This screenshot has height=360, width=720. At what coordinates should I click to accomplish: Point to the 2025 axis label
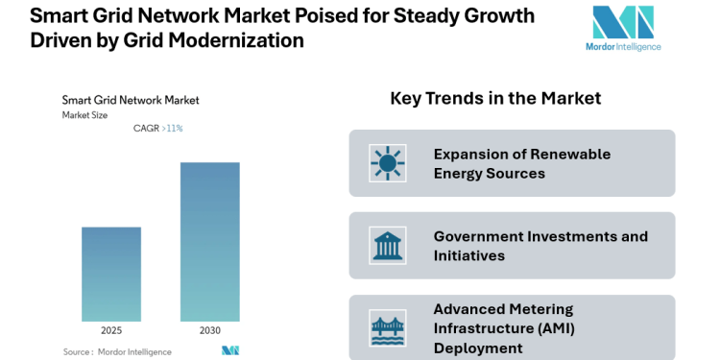click(x=111, y=330)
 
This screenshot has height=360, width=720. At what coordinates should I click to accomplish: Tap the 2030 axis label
click(x=209, y=330)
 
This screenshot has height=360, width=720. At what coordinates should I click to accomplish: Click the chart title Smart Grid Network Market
click(x=130, y=99)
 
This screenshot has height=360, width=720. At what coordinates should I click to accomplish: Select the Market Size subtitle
click(x=85, y=114)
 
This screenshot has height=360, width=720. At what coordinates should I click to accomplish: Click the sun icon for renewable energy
click(x=388, y=163)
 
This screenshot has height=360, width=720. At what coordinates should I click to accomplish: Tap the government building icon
click(x=388, y=246)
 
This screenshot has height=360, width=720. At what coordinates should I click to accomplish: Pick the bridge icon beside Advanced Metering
click(x=388, y=328)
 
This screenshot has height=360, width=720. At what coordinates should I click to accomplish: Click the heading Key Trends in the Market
click(x=495, y=98)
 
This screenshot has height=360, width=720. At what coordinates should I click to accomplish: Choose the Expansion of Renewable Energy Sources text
click(x=521, y=163)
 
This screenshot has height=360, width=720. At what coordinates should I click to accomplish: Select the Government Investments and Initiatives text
click(x=540, y=246)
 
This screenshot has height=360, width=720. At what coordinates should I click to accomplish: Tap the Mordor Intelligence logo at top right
click(x=622, y=23)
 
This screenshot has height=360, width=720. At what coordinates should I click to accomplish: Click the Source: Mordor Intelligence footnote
click(x=117, y=351)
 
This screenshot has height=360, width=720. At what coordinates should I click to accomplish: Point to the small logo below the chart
click(x=229, y=350)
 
